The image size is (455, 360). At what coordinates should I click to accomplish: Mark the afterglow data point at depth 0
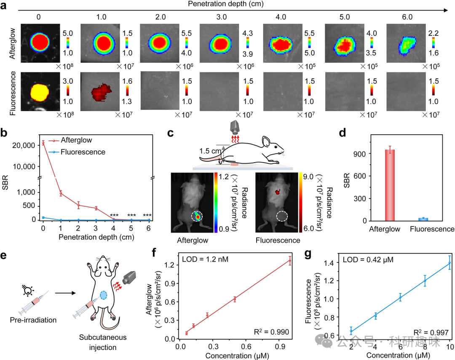tap(43, 143)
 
